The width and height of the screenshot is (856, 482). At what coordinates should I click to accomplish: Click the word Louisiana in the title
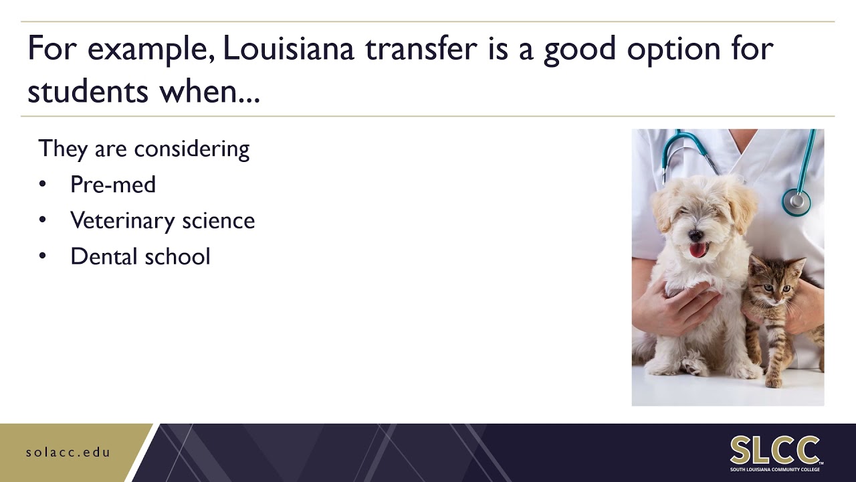point(288,50)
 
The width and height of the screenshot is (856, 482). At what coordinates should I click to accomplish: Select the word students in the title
point(88,91)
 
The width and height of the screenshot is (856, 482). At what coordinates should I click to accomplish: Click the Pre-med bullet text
point(113,184)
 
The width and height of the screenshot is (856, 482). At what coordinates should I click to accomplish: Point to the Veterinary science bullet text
point(163,220)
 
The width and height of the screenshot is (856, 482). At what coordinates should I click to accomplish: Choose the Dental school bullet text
point(140,256)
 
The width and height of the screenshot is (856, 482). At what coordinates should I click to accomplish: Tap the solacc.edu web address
point(68,452)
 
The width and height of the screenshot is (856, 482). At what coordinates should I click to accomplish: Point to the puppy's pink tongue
point(698,250)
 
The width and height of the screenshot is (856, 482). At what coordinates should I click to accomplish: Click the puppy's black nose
point(695,236)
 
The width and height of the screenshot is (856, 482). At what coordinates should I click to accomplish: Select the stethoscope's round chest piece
point(796,201)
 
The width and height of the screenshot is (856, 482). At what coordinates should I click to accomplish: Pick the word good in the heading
point(579,50)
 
